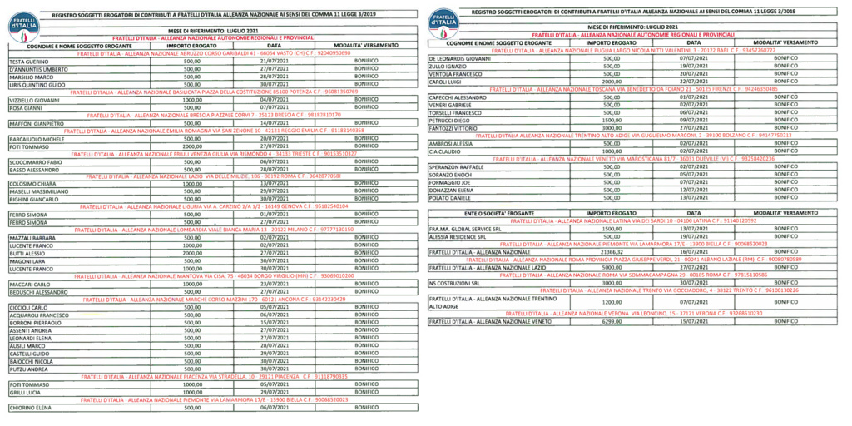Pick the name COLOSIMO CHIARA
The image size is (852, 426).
pyautogui.click(x=32, y=184)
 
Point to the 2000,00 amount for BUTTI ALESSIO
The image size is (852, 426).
pyautogui.click(x=192, y=253)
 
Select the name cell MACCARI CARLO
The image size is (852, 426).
pyautogui.click(x=28, y=285)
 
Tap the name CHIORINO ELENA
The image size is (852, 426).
pyautogui.click(x=31, y=408)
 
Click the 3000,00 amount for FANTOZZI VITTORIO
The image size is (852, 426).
pyautogui.click(x=612, y=127)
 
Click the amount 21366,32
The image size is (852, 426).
pyautogui.click(x=612, y=250)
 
